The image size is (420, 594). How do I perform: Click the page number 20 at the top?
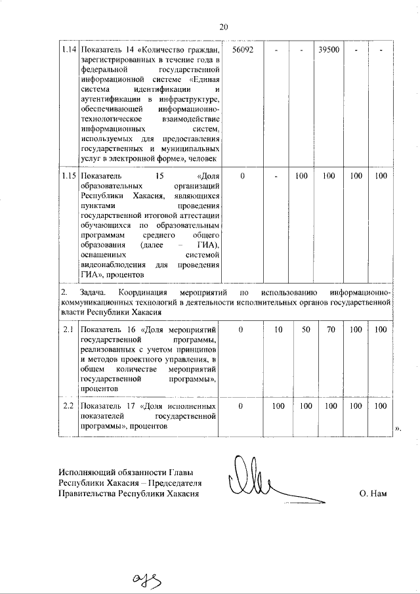click(223, 27)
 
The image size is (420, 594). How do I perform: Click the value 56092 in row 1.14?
click(243, 50)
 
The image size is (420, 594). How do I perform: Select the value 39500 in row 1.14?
click(328, 50)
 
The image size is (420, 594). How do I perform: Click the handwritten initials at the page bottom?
click(146, 578)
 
